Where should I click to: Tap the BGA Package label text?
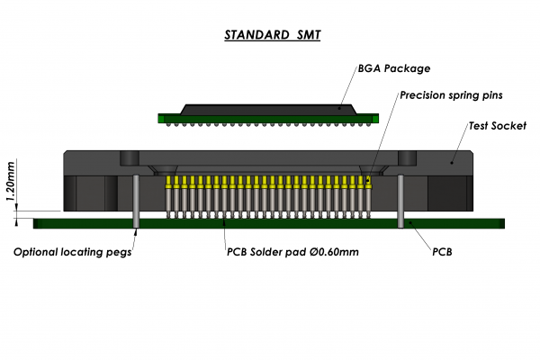(x=393, y=68)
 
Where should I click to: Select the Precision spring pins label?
(x=449, y=94)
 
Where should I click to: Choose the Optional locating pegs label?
(x=72, y=252)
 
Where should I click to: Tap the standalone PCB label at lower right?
(x=442, y=252)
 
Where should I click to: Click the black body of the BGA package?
(x=269, y=107)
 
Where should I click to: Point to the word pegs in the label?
(x=116, y=253)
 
